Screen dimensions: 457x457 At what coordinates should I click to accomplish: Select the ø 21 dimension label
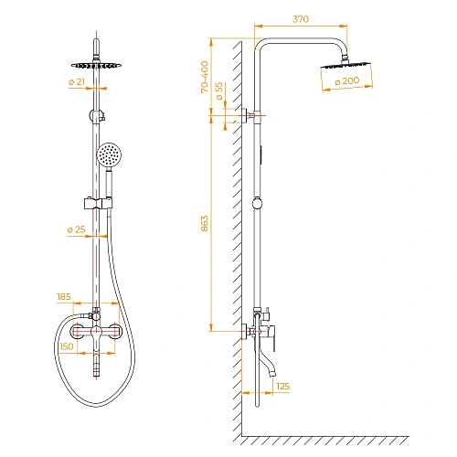click(76, 83)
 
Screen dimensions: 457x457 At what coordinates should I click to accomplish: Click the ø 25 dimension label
click(76, 228)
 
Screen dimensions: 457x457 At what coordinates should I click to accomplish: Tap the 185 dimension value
click(63, 297)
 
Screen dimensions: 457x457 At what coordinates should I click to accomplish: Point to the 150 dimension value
click(66, 346)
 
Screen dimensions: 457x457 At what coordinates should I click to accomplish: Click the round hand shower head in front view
click(111, 156)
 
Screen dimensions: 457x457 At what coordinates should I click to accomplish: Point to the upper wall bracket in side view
click(252, 115)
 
